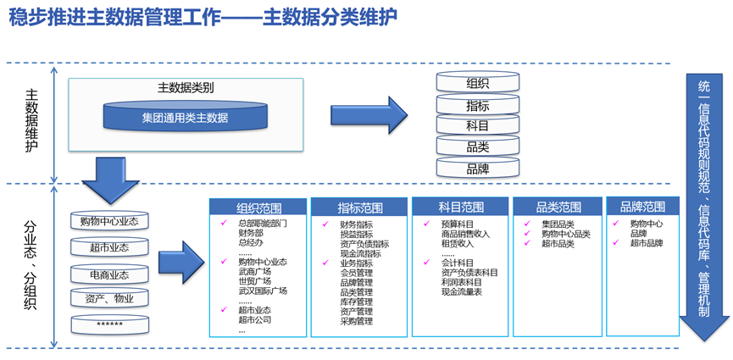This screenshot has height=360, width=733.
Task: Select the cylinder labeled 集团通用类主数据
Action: point(185,118)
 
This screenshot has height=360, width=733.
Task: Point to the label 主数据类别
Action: point(185,87)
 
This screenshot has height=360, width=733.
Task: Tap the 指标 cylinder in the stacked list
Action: point(477,106)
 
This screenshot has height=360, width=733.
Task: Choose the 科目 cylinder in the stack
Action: point(477,126)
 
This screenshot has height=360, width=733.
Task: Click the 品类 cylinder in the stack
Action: point(477,147)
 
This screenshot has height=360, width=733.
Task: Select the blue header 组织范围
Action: point(258,208)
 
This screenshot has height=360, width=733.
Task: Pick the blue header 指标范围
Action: point(359,208)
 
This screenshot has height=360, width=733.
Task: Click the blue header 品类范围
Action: point(558,207)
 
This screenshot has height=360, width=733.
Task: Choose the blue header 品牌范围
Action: point(642,206)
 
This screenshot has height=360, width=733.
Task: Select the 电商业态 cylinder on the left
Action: point(109,274)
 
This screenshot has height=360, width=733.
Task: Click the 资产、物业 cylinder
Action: point(109,299)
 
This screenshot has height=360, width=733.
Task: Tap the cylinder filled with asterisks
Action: point(109,324)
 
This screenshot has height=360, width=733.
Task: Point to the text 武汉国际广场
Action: point(263,291)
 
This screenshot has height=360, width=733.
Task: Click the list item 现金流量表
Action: point(462,291)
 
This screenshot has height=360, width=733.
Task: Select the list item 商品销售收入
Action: point(465,234)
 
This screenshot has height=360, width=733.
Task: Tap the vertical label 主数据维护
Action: point(31,121)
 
